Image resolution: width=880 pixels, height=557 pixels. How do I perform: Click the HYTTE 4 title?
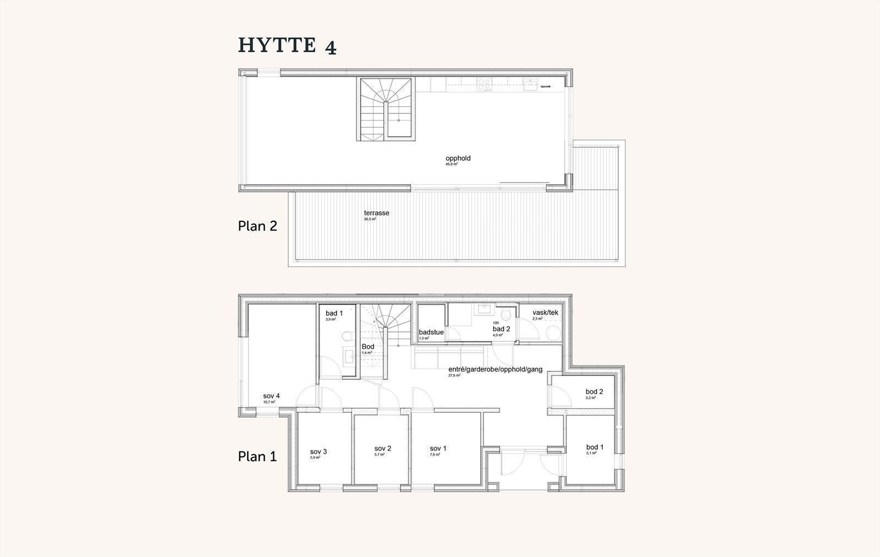tap(287, 46)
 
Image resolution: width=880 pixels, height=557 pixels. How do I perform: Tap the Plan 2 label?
tap(257, 226)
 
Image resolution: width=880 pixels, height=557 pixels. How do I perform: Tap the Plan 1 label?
tap(257, 456)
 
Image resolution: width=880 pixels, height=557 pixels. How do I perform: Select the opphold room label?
tap(458, 159)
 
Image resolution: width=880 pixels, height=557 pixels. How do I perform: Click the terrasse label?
tap(376, 213)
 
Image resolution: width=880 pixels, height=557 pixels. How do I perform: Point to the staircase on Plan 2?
tap(386, 109)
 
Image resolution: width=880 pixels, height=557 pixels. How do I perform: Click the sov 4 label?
tap(272, 396)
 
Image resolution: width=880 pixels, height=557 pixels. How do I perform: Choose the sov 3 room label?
tap(318, 452)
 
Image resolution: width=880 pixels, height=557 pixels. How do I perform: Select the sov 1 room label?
tap(438, 449)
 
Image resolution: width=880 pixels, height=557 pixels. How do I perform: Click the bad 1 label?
tap(334, 313)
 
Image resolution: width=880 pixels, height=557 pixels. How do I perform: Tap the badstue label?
tap(431, 332)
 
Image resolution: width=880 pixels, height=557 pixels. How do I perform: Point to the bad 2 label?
tap(502, 329)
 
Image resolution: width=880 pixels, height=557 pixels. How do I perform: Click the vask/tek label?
tap(545, 313)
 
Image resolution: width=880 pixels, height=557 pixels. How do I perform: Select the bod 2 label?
tap(594, 392)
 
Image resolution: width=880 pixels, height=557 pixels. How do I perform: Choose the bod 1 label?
tap(595, 447)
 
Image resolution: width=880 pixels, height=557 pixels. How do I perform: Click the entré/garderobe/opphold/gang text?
tap(496, 369)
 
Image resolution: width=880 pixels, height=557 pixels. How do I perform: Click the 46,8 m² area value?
tap(452, 164)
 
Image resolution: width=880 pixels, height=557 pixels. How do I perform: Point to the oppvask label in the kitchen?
tap(545, 86)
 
